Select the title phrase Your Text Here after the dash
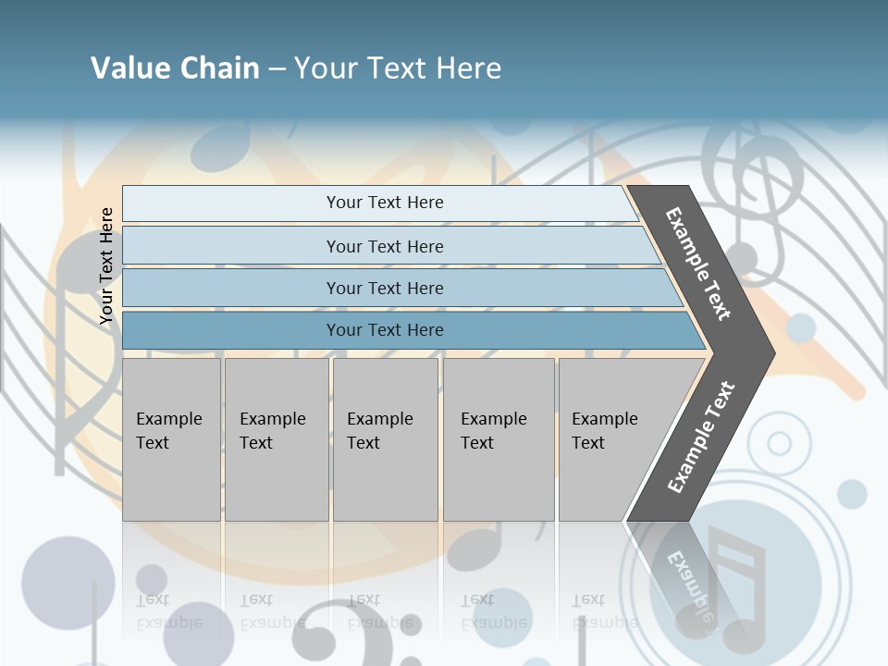click(398, 68)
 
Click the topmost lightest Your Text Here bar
click(384, 203)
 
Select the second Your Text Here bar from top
click(384, 246)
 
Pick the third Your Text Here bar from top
click(384, 288)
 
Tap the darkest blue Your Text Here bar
click(384, 330)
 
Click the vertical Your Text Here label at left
click(106, 266)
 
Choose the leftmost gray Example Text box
click(171, 439)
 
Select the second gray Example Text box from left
click(276, 439)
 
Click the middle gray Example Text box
click(385, 439)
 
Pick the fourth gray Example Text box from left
click(499, 439)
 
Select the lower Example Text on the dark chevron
click(701, 437)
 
